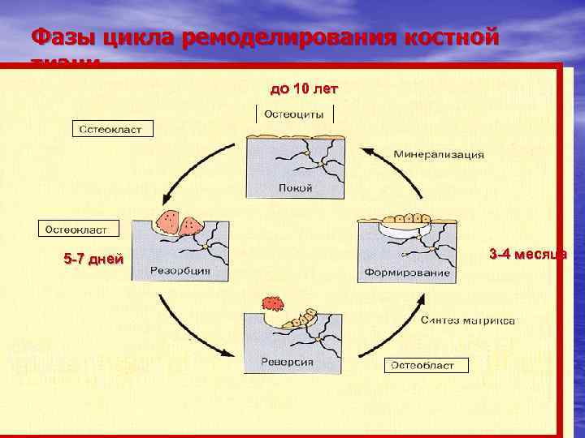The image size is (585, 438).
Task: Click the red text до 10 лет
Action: (x=303, y=88)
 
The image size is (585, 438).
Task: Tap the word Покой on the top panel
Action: (x=295, y=187)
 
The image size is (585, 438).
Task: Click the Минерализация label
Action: (x=439, y=153)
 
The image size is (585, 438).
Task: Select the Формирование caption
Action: (x=406, y=273)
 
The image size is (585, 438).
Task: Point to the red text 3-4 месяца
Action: (x=527, y=255)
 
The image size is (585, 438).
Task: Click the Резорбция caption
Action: (x=181, y=271)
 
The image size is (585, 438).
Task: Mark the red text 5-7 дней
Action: (x=93, y=260)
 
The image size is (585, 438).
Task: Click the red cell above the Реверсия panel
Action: (x=271, y=303)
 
